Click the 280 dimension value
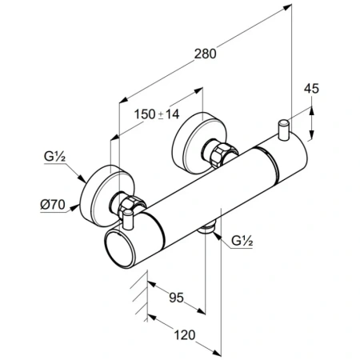205,54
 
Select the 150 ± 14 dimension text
157,114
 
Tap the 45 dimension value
311,89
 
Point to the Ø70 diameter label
53,205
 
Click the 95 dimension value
177,298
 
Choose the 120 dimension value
185,335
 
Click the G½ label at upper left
54,157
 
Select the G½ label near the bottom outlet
242,241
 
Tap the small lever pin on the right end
283,130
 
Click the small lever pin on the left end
128,219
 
